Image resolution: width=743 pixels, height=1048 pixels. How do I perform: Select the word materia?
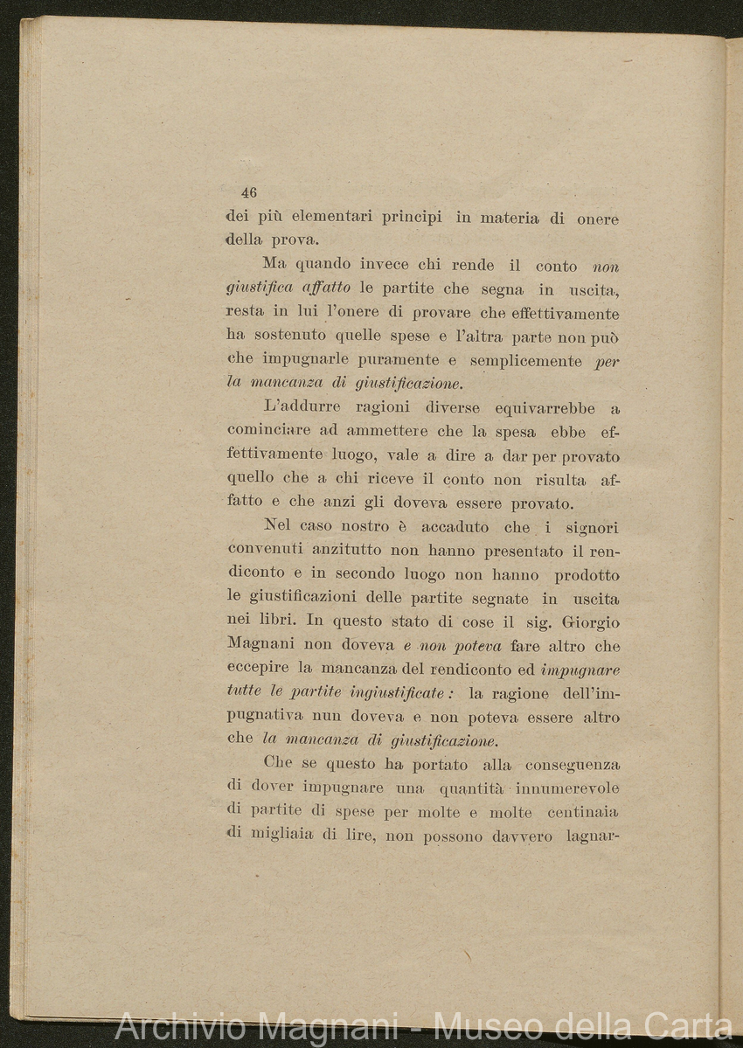tap(509, 219)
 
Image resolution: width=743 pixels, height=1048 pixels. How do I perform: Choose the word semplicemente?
tap(524, 360)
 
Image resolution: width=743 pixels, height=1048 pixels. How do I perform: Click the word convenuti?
tap(264, 551)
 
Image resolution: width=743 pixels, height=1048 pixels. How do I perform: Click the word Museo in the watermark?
tap(484, 1026)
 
